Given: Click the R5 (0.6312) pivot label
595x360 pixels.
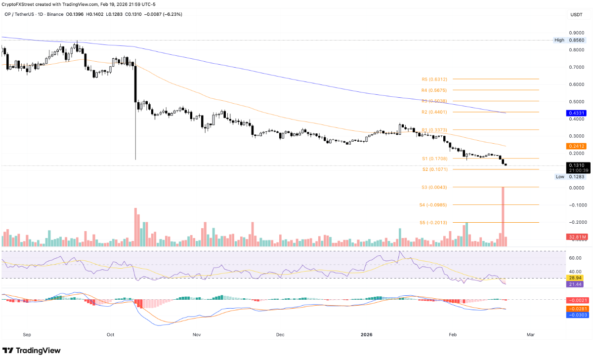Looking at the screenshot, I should [x=434, y=79].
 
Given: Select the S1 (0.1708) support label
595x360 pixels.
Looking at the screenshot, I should [x=434, y=159].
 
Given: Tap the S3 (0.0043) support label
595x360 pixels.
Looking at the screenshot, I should [x=434, y=187].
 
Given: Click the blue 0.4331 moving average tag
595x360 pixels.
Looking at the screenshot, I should [x=576, y=113].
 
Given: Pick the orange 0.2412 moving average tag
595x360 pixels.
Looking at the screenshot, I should [x=576, y=146].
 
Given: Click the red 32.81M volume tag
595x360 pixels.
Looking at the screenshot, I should [x=576, y=238].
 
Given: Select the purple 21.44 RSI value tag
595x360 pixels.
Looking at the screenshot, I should [x=576, y=285].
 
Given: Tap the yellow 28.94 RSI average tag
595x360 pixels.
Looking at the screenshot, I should [x=576, y=278].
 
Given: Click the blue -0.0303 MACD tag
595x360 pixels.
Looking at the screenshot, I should [x=576, y=315].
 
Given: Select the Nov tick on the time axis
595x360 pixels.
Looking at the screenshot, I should [x=197, y=335].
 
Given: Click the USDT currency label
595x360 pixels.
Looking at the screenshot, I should [x=577, y=15].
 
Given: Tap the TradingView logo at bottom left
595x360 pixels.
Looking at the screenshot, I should [x=32, y=351].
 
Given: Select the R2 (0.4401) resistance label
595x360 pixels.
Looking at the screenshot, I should [x=434, y=112].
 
